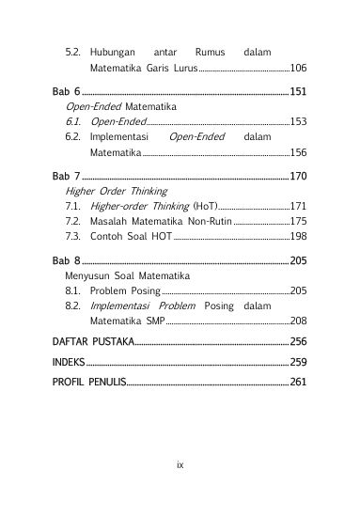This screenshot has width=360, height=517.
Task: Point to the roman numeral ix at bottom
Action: [x=180, y=464]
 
